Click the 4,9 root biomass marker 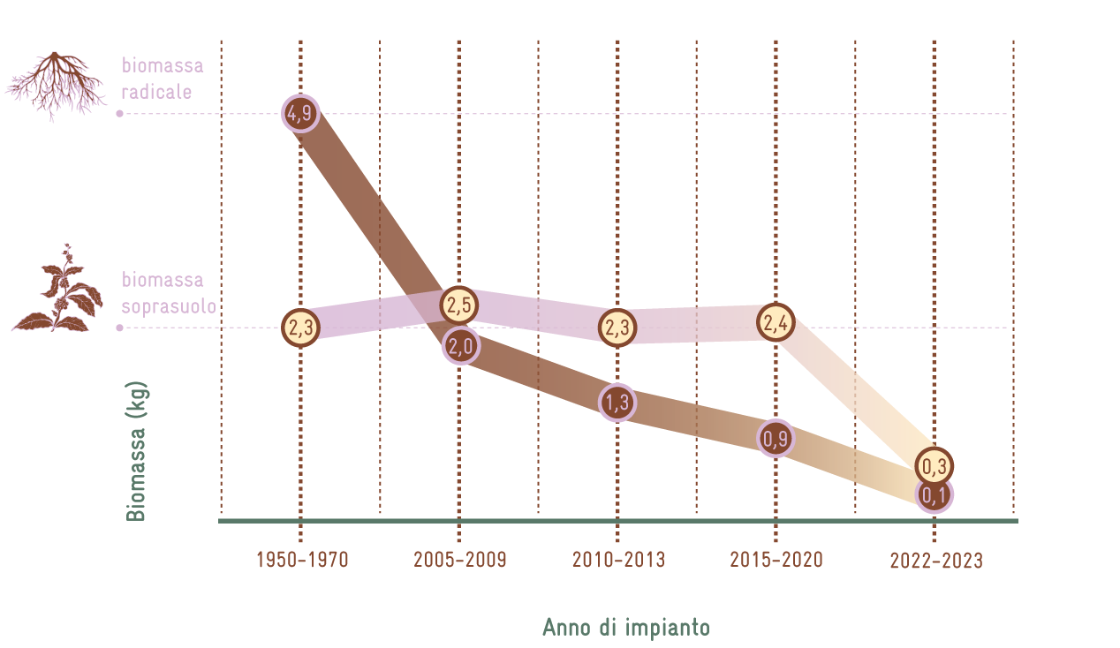click(300, 113)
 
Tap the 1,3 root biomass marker click(617, 403)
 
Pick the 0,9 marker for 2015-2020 click(776, 439)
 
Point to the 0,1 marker click(935, 496)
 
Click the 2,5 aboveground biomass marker click(459, 305)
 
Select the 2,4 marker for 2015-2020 click(776, 323)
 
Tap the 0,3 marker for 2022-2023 click(935, 465)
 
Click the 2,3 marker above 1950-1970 click(300, 328)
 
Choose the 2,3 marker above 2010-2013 click(617, 328)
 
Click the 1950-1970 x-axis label click(302, 561)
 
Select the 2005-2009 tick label click(460, 561)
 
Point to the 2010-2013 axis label click(618, 561)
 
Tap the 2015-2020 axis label click(776, 561)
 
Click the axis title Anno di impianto click(625, 628)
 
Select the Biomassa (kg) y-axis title click(136, 452)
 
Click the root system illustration click(56, 85)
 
